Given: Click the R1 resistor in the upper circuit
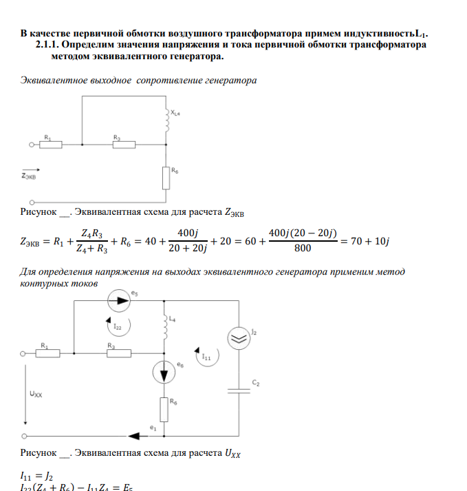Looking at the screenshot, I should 51,145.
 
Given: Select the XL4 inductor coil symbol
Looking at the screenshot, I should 166,121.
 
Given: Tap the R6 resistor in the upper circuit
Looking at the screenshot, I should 166,178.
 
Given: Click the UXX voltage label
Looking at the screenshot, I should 36,395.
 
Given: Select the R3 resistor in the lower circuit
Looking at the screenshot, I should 118,353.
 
